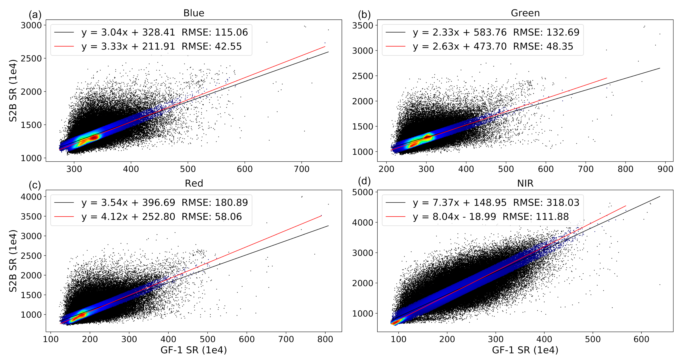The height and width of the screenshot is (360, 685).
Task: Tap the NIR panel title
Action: click(525, 183)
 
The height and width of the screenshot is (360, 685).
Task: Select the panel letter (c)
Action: click(35, 185)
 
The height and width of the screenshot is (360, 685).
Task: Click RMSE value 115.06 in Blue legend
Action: click(231, 32)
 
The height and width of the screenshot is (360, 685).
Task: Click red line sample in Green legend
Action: click(395, 46)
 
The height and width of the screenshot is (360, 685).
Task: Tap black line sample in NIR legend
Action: click(395, 202)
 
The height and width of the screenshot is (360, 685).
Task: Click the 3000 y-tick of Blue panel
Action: click(31, 25)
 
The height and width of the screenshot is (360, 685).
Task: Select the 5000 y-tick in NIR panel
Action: click(363, 192)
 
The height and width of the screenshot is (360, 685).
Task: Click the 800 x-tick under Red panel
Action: click(325, 339)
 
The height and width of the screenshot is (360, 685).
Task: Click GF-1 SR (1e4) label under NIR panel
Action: click(525, 350)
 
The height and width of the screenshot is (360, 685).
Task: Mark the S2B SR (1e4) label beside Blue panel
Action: click(13, 91)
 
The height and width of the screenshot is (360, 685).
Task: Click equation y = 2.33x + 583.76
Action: click(459, 32)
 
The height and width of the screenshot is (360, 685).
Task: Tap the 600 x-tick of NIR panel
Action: click(641, 339)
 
